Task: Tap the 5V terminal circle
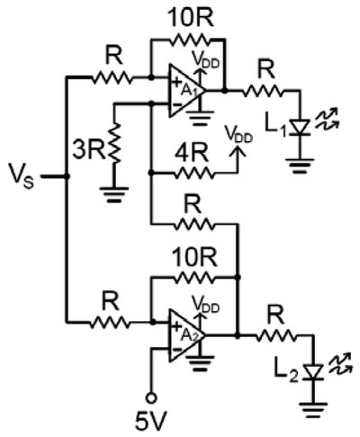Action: (x=151, y=397)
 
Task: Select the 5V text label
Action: (x=150, y=421)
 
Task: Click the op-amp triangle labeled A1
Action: (x=186, y=90)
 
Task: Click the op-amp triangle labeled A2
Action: (x=186, y=335)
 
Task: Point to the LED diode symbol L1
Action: (x=301, y=127)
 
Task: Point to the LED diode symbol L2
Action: (x=313, y=372)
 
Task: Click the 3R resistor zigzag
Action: (x=114, y=143)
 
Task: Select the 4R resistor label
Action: (x=192, y=155)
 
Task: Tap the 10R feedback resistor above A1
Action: (x=188, y=40)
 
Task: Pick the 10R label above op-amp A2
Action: (x=194, y=257)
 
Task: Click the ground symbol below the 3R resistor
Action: (x=114, y=195)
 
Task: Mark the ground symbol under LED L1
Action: (x=300, y=165)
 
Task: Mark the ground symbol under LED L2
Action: (x=313, y=410)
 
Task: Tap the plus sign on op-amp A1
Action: (x=176, y=81)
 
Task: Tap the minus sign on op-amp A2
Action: (x=177, y=350)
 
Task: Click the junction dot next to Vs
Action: (x=67, y=176)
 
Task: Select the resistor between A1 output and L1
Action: (x=262, y=90)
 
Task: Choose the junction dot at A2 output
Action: (x=238, y=335)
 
